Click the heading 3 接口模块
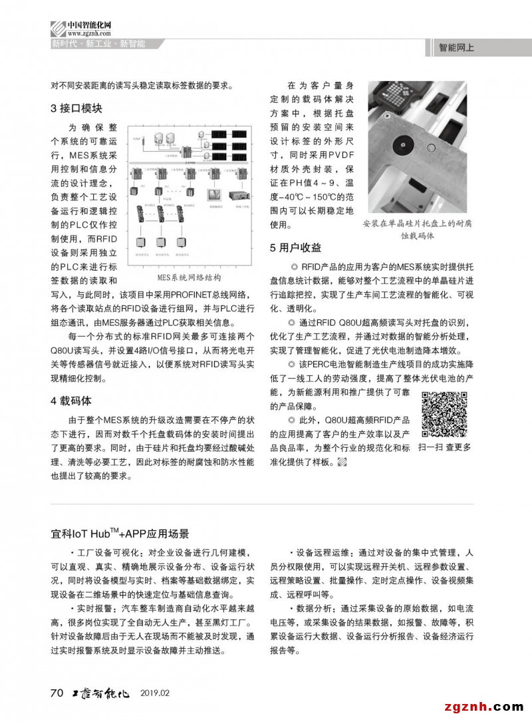(x=76, y=108)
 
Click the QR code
(x=444, y=415)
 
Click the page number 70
(x=57, y=693)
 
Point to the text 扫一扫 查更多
(x=444, y=448)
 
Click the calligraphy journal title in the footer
(x=100, y=693)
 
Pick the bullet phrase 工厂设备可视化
(x=107, y=552)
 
